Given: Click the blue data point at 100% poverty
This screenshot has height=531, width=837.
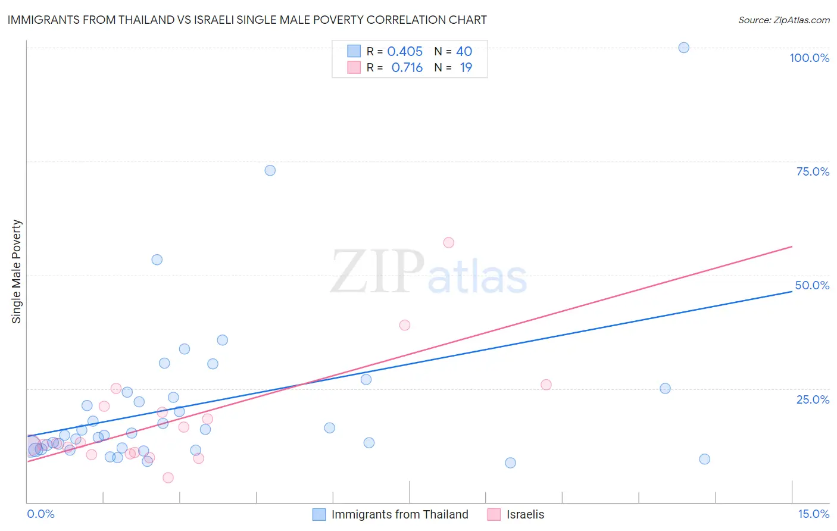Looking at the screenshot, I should point(683,48).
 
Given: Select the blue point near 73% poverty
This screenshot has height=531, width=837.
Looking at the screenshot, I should point(270,170).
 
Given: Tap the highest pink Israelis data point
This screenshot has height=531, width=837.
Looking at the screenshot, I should point(448,242).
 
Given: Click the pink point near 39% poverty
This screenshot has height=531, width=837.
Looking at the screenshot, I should point(404,325).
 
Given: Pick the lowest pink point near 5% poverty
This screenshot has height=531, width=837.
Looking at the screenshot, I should point(168,477).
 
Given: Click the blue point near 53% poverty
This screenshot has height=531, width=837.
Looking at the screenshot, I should point(157,260).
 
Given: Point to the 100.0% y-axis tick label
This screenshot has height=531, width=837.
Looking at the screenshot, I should point(809,58).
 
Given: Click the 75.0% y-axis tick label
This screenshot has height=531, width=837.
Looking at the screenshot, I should point(813,171).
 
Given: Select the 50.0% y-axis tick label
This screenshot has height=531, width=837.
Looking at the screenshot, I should point(812,285).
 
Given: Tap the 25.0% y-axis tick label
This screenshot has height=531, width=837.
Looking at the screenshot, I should point(813,399).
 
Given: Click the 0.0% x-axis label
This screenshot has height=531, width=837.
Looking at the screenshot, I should point(40,514).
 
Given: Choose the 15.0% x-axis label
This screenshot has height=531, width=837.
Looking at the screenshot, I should point(813,514).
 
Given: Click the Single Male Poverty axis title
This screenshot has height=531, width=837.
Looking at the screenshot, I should point(17,271).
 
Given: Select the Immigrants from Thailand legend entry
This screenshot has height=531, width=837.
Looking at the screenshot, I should point(399,514).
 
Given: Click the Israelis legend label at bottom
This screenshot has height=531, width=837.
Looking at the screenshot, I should point(525,514).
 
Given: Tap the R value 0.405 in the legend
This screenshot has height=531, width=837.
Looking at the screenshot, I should point(405,51).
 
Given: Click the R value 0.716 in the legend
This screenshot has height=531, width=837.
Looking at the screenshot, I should point(407,68).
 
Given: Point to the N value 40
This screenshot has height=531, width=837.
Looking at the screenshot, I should point(464,51).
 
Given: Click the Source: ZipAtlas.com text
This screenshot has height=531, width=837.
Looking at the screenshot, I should point(783,20).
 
